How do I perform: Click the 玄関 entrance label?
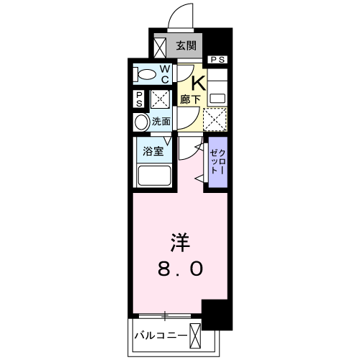point(186,46)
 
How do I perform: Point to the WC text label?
point(165,73)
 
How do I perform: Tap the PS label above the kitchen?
point(218,60)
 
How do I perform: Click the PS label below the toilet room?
point(139,99)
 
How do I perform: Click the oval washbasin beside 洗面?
point(141,122)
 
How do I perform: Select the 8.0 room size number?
point(180,269)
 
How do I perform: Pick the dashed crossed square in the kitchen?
point(215,117)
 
